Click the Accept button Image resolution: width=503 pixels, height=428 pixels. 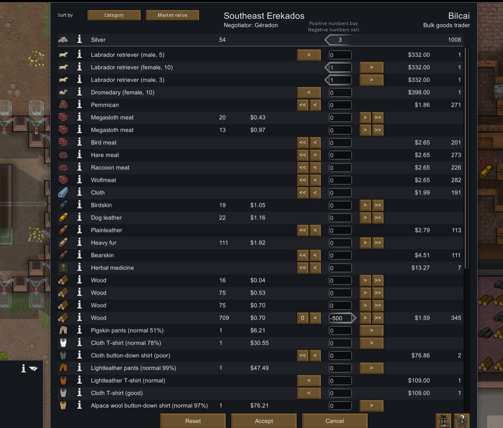click(x=264, y=421)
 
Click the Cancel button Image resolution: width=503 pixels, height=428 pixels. click(x=335, y=421)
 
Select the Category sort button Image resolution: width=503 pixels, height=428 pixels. click(x=114, y=15)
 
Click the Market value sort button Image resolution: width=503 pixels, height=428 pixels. click(x=172, y=15)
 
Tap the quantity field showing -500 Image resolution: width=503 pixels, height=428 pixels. click(x=341, y=318)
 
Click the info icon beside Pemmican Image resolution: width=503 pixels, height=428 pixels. click(x=79, y=105)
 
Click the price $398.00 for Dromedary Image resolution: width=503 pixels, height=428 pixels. click(x=419, y=92)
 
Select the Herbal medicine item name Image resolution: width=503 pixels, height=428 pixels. click(x=112, y=268)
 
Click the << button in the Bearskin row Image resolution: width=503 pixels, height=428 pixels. click(x=303, y=255)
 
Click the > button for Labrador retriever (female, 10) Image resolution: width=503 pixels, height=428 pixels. click(x=371, y=67)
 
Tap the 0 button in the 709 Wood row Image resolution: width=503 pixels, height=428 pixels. click(x=303, y=318)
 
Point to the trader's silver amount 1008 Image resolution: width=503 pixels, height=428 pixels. click(x=454, y=40)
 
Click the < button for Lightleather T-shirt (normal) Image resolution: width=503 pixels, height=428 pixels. click(x=309, y=380)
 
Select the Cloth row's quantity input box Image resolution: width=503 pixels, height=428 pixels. click(x=340, y=193)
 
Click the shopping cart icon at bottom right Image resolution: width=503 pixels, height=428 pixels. click(x=462, y=420)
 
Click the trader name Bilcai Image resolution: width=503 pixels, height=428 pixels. click(x=459, y=16)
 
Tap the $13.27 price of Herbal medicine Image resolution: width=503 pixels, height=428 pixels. click(x=420, y=268)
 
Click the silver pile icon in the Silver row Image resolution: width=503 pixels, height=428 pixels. click(x=63, y=40)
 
